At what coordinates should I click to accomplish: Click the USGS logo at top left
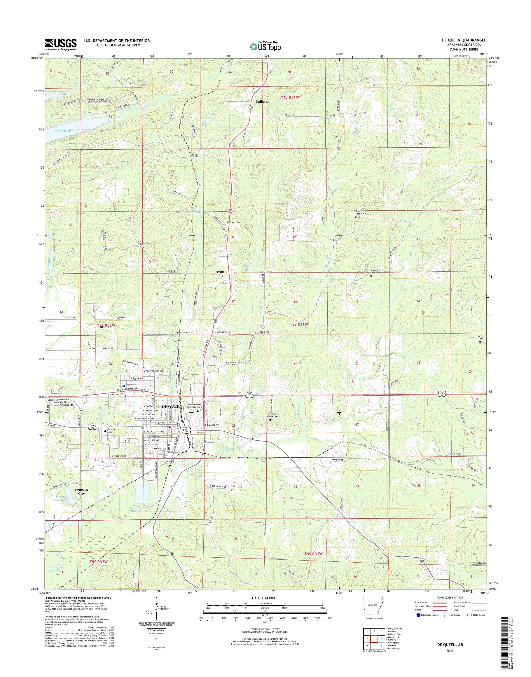61,45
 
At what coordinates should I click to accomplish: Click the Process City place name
81,492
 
